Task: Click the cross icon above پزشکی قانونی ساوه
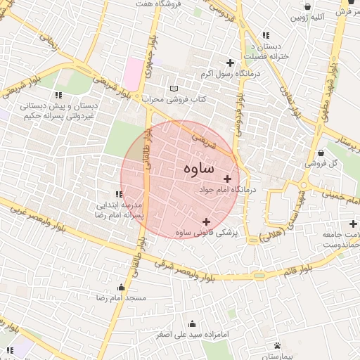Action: [x=205, y=221]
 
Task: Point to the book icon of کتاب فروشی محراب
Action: [x=174, y=89]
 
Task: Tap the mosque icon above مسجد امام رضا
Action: [x=121, y=287]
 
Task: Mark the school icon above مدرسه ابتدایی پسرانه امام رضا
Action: [x=119, y=194]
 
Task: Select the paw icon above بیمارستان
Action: [x=278, y=345]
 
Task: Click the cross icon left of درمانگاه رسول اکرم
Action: [x=230, y=63]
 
